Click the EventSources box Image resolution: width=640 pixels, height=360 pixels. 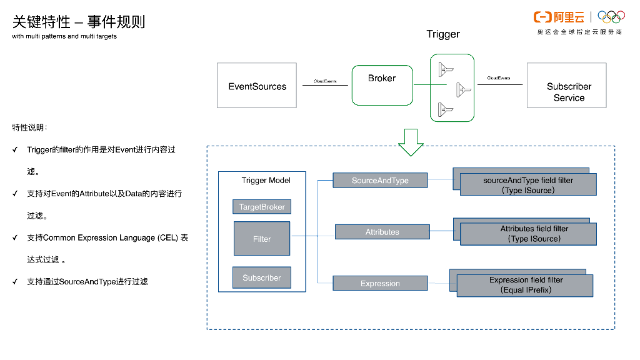point(257,86)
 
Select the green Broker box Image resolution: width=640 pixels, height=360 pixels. point(382,85)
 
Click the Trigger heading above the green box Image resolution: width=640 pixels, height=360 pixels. point(443,34)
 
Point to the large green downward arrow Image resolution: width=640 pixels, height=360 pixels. point(411,142)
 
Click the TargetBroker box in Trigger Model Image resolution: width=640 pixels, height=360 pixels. point(262,207)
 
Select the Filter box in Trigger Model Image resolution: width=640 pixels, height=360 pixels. point(262,238)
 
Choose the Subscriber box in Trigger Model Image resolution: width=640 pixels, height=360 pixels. point(262,277)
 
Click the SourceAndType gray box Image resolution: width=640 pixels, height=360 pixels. point(380,181)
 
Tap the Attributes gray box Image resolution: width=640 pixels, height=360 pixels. point(382,232)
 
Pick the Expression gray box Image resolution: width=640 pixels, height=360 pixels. point(380,283)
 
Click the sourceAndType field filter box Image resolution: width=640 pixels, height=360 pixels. point(527,184)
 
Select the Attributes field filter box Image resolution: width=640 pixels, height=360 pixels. point(527,234)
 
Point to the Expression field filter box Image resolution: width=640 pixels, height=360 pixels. point(525,285)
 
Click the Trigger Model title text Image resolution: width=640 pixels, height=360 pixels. point(266,181)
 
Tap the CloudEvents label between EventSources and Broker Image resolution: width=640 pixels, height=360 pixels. point(325,81)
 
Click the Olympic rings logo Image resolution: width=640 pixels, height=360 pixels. point(611,17)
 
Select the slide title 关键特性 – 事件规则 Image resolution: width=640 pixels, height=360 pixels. point(79,22)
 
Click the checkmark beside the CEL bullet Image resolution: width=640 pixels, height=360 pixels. point(15,238)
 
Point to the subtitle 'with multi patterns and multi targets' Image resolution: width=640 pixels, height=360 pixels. point(64,36)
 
